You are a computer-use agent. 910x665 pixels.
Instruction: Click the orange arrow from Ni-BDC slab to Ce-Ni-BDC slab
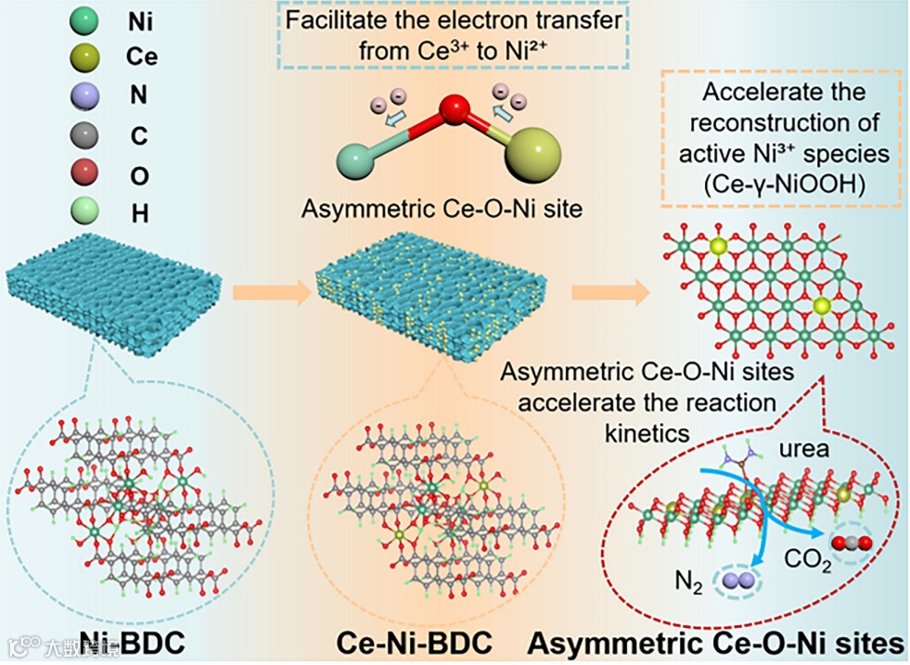point(270,294)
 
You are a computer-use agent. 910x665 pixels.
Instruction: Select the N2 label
point(685,585)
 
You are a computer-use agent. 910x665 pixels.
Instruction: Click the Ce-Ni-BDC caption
point(414,642)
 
